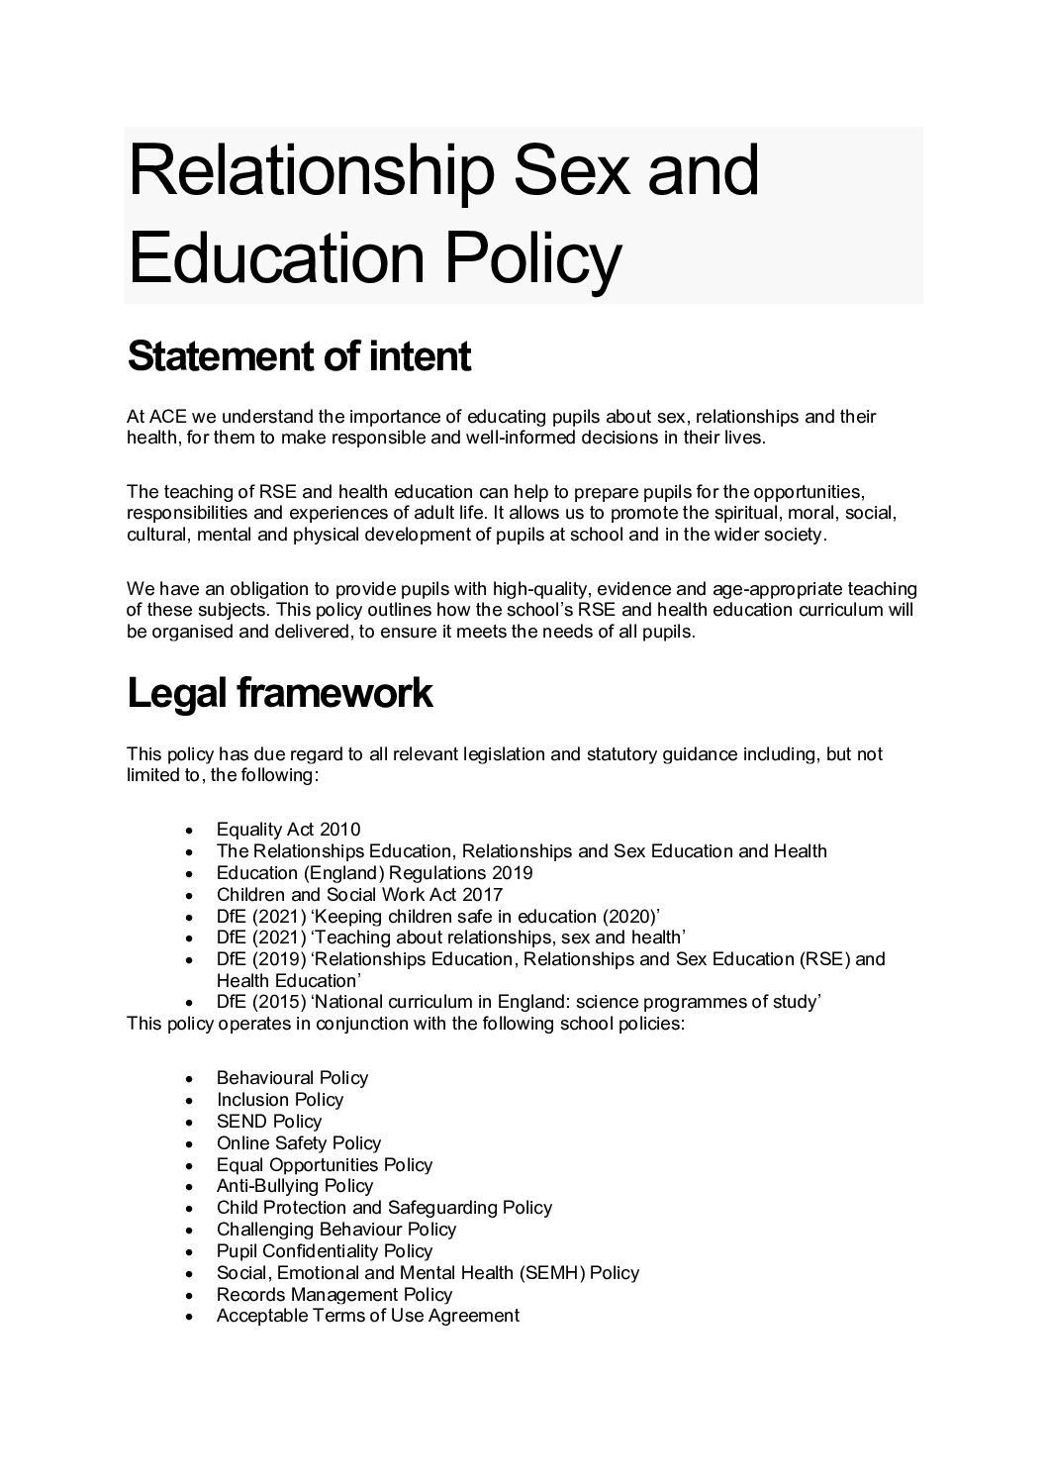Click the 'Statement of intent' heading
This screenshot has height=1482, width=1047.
click(x=299, y=356)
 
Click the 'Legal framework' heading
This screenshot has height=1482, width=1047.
click(x=280, y=694)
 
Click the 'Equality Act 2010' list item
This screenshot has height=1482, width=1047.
click(x=288, y=830)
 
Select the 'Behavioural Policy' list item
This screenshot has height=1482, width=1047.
click(x=292, y=1078)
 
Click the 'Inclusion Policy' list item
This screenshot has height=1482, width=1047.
click(x=280, y=1100)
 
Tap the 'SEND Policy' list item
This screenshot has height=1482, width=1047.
click(x=269, y=1122)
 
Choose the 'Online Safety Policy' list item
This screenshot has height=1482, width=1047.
click(x=299, y=1143)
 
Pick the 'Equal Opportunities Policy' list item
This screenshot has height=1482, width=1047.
click(x=325, y=1165)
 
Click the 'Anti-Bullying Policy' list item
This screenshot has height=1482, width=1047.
click(x=295, y=1186)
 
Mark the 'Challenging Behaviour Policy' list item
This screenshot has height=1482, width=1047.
click(x=336, y=1230)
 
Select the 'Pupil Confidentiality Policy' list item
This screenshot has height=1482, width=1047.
click(x=325, y=1251)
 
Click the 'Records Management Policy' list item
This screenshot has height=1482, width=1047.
click(x=334, y=1295)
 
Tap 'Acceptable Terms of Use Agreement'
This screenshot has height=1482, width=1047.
click(x=368, y=1316)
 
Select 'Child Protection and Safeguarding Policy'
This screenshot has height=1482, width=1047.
click(x=384, y=1208)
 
